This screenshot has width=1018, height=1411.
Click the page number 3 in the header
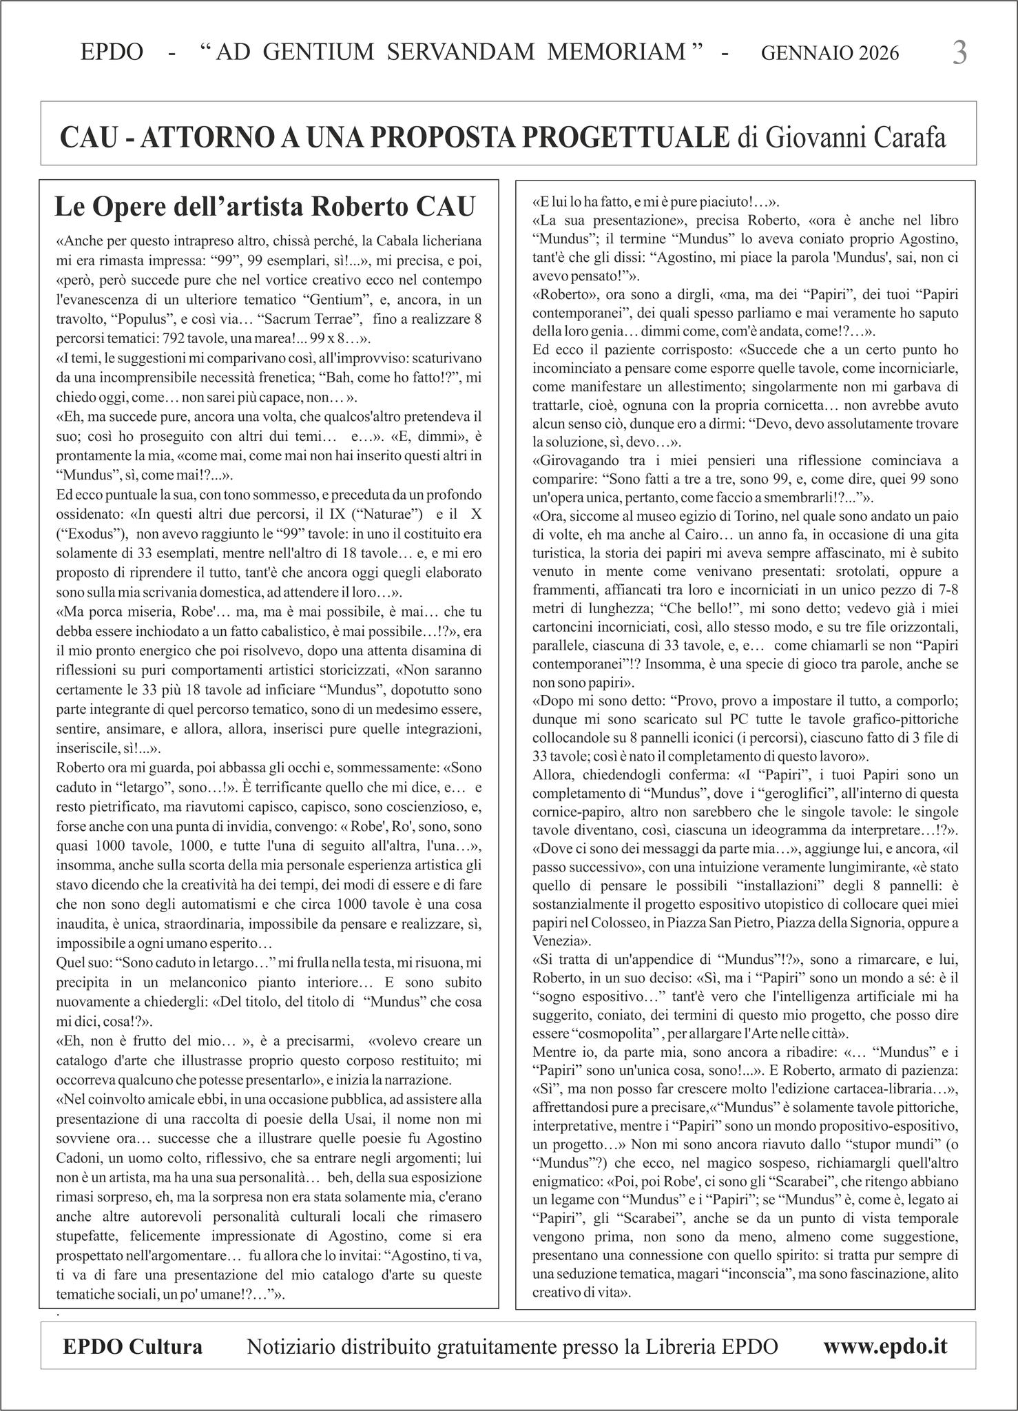[x=959, y=53]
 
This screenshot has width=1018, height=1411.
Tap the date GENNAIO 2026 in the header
[x=830, y=54]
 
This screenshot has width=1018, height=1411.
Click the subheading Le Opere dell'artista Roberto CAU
[x=265, y=207]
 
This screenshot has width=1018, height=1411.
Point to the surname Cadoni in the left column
[x=80, y=1157]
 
